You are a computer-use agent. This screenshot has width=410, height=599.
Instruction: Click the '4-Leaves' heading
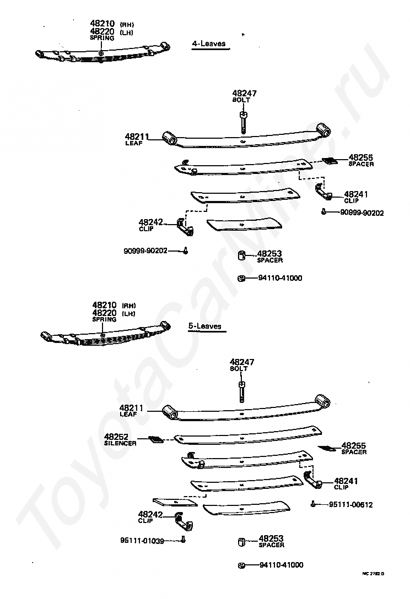point(209,43)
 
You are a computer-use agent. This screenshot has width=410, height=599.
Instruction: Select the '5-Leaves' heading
point(205,326)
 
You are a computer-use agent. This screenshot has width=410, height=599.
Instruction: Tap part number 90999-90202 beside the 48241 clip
point(362,213)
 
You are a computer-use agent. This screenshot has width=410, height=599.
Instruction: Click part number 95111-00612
point(350,504)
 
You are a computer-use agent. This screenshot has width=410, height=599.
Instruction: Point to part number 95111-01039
point(142,541)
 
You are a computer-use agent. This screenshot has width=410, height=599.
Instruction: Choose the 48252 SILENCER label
point(120,439)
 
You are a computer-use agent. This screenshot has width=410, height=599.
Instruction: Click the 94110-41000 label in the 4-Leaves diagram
point(280,278)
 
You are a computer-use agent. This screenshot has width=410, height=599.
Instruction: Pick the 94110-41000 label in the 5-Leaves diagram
point(280,565)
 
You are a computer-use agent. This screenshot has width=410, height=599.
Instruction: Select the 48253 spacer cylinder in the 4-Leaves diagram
point(241,256)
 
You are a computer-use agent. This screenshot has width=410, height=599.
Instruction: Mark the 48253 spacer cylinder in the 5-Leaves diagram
point(241,543)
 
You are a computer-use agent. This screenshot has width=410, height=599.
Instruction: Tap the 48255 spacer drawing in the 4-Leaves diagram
point(330,161)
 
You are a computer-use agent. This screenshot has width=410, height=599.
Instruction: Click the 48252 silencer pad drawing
point(156,439)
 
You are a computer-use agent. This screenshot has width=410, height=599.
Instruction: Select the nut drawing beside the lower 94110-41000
point(241,565)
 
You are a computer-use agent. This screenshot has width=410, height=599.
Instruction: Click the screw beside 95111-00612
point(314,503)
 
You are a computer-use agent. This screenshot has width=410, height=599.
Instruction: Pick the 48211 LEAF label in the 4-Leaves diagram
point(134,139)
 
